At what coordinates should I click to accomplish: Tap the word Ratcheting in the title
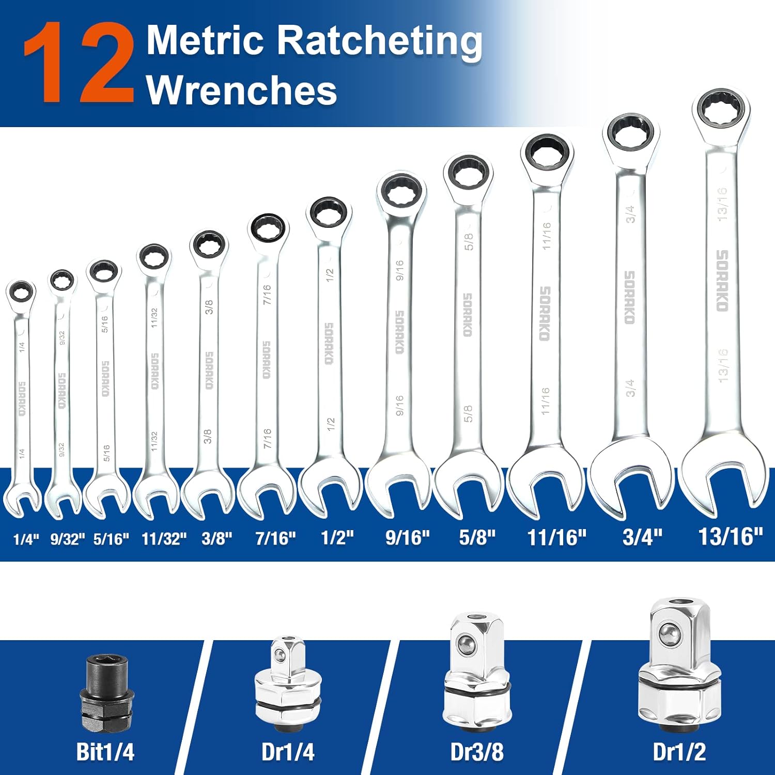[x=380, y=41]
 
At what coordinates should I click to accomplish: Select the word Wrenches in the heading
[x=241, y=90]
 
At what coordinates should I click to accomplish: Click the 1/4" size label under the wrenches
[x=26, y=540]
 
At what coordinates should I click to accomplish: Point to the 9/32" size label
[x=67, y=539]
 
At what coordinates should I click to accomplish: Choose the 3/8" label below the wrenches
[x=216, y=538]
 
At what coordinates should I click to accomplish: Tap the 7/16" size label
[x=275, y=538]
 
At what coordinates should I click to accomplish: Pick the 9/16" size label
[x=407, y=537]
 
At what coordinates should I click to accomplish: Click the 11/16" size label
[x=556, y=537]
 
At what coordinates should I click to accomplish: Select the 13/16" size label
[x=730, y=536]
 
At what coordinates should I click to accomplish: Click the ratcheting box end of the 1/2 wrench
[x=329, y=213]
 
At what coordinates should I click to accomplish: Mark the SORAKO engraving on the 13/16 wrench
[x=722, y=281]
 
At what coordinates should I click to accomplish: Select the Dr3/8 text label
[x=476, y=752]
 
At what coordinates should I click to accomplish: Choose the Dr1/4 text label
[x=288, y=752]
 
